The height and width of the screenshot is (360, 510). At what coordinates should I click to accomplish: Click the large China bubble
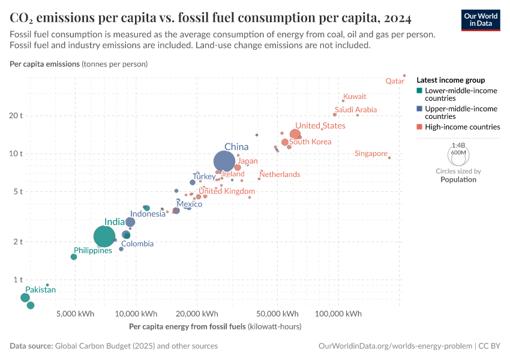(x=224, y=161)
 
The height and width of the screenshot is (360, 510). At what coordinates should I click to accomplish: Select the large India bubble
(x=104, y=236)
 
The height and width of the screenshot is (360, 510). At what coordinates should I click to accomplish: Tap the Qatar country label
(x=394, y=80)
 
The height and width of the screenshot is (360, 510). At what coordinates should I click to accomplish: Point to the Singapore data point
(x=389, y=158)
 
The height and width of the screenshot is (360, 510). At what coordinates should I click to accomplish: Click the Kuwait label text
(x=355, y=96)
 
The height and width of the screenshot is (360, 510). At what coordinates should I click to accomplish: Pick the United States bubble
(x=295, y=135)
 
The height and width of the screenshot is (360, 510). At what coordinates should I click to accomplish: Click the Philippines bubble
(x=74, y=257)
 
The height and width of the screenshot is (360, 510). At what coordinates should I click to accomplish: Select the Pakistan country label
(x=40, y=290)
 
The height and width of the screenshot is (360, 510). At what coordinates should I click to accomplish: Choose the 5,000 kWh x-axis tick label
(x=74, y=313)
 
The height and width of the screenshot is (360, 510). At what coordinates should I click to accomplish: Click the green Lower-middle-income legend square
(x=420, y=91)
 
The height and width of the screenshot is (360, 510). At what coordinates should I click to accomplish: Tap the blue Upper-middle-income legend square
(x=420, y=109)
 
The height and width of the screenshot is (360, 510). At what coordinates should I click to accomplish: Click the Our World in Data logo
(x=480, y=19)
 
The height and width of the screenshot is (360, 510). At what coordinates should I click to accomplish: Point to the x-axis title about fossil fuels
(x=215, y=327)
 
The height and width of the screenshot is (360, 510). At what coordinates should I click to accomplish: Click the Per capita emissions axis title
(x=79, y=64)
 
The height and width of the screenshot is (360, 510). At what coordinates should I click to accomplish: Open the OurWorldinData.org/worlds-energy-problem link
(x=394, y=346)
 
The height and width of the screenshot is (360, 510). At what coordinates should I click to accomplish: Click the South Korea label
(x=310, y=142)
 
